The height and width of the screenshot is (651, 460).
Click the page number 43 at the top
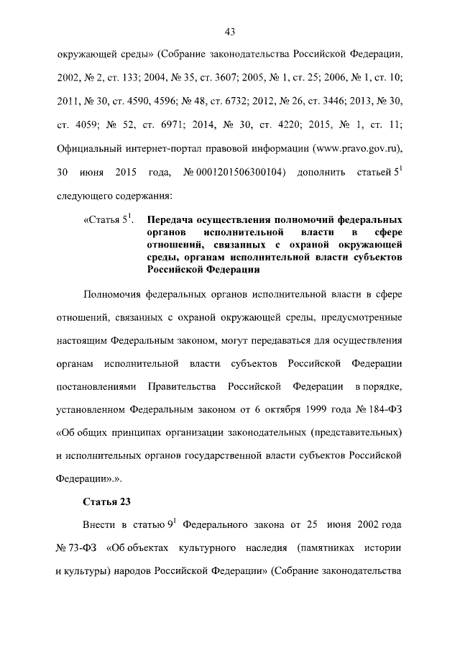pyautogui.click(x=230, y=31)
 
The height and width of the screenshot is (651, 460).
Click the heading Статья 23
pyautogui.click(x=106, y=500)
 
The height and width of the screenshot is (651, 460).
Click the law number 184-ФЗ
pyautogui.click(x=379, y=411)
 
